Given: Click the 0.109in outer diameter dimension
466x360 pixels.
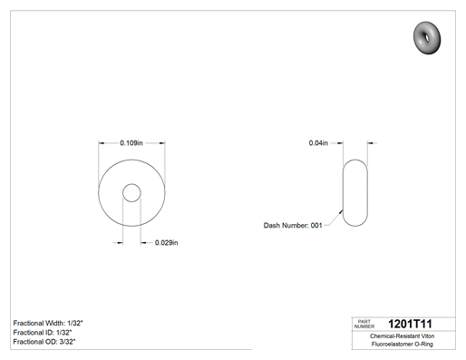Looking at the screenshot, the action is click(131, 142).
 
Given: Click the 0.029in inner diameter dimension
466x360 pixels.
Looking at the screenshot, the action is click(166, 243).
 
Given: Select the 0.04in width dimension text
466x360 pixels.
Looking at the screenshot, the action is click(318, 143).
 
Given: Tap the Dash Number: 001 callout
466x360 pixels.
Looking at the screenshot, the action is click(293, 226).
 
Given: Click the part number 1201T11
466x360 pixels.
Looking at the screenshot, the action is click(410, 324).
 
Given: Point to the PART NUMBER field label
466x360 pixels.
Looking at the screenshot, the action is click(364, 324).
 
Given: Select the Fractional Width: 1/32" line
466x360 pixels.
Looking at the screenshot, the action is click(48, 323).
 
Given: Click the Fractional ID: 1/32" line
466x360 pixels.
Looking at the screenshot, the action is click(43, 333).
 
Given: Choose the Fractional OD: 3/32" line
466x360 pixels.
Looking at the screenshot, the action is click(44, 342).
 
